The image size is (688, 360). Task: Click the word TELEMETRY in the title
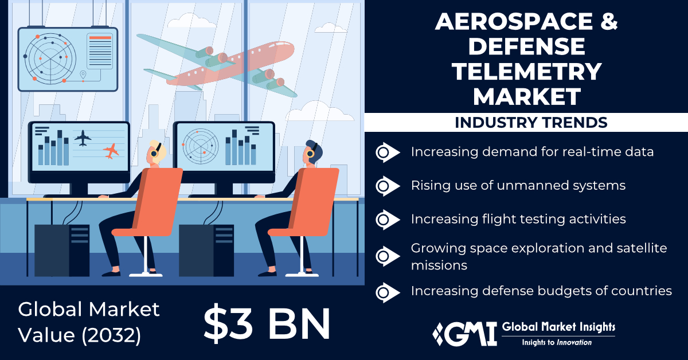pos(526,71)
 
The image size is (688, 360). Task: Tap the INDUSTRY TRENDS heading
pos(531,122)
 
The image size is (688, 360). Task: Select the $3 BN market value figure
pos(267,324)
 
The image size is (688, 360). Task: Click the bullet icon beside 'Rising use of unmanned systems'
pos(388,186)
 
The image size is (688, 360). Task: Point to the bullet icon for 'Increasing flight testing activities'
pos(388,220)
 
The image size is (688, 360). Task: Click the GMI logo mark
pos(464,334)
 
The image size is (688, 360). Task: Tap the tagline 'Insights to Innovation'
pos(557,342)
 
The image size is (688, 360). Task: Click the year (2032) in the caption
pos(111,335)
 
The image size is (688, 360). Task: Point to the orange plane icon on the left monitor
pos(111,151)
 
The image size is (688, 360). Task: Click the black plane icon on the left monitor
pos(83,138)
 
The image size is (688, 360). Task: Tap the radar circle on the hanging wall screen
pos(50,58)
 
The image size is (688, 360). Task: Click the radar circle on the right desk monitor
pos(201,146)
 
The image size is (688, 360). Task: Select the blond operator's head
pos(156,152)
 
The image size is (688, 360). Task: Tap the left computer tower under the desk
pos(62,251)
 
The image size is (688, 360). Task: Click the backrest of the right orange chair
pos(316,201)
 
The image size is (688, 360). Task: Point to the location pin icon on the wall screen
pos(83,75)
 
